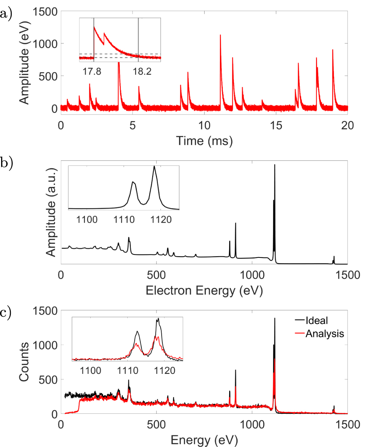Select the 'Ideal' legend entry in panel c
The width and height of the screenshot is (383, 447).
click(x=317, y=321)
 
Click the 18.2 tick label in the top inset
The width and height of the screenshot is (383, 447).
click(x=142, y=72)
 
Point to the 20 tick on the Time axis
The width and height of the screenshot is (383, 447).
click(x=348, y=125)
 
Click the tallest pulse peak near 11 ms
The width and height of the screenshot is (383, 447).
click(x=220, y=35)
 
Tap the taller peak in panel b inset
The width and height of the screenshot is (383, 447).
click(x=154, y=166)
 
